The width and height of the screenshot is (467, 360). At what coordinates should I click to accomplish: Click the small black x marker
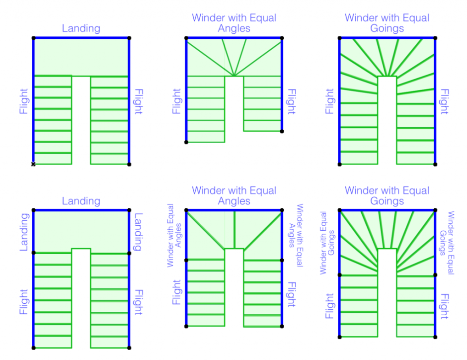click(33, 164)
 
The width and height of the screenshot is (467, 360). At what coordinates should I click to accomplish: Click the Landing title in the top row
click(81, 28)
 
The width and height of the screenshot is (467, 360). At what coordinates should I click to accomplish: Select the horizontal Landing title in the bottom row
click(81, 201)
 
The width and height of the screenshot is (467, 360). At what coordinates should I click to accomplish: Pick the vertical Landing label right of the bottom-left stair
click(139, 232)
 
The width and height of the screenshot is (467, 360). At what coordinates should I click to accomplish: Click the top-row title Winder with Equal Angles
click(234, 23)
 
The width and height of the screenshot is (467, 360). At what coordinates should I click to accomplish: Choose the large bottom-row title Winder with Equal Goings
click(387, 195)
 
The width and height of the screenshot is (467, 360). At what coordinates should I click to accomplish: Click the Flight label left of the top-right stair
click(330, 102)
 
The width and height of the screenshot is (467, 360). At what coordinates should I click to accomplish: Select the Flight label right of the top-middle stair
click(292, 102)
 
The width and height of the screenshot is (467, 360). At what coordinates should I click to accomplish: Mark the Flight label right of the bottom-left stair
click(139, 302)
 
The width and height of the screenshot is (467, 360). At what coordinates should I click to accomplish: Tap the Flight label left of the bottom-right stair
click(330, 306)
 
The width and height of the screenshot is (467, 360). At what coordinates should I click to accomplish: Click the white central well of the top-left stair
click(81, 119)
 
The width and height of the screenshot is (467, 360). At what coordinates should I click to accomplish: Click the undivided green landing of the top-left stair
click(81, 56)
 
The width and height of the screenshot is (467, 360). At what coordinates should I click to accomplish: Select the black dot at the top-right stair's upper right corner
click(435, 38)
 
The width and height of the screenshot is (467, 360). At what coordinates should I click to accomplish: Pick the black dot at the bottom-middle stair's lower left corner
click(187, 326)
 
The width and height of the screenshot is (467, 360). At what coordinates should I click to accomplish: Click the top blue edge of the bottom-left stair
click(81, 210)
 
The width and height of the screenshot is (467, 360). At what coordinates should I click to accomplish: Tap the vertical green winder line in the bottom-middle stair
click(234, 229)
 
